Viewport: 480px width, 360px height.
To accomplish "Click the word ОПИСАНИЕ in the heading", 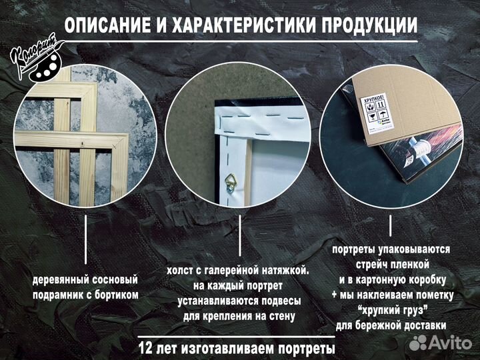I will click(x=107, y=25).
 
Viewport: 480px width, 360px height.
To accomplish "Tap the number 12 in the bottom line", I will click(x=147, y=348).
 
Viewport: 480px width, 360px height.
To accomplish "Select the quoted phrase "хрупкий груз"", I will click(x=391, y=310).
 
